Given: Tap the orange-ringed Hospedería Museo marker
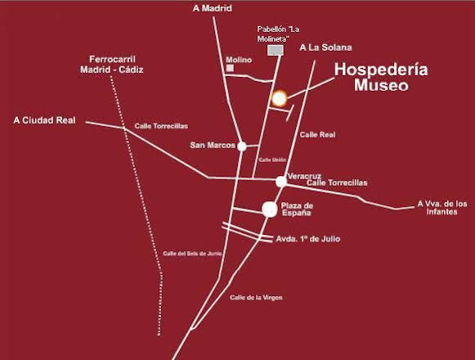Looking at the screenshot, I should point(279,98).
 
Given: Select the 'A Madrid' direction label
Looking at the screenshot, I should point(213,9).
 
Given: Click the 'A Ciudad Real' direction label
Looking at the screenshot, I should point(44,120).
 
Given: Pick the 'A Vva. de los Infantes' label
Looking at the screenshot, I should point(441,208).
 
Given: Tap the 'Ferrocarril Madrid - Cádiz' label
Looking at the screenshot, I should point(112,64).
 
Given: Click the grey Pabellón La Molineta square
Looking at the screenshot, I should point(276,51).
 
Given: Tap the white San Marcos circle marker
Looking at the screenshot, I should point(241,146).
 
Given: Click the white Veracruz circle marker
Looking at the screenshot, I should point(280,181).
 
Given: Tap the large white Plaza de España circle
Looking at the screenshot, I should point(269,209).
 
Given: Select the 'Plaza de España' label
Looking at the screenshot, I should point(296,209).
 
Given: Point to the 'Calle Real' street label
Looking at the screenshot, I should point(317,134).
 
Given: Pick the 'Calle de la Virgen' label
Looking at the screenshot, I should point(257,297).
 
